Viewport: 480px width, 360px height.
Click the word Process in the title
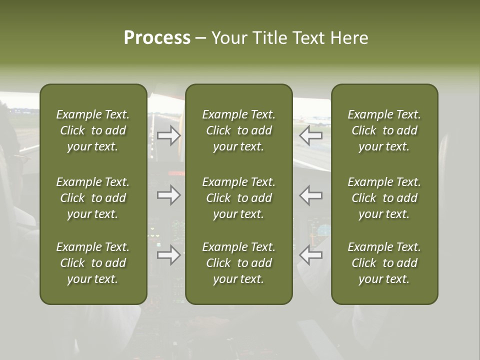157,38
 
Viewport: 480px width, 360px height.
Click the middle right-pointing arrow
169,195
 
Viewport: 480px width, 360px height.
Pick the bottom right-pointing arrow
169,255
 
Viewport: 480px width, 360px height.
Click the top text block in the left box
93,130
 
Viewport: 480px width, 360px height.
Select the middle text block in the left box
93,198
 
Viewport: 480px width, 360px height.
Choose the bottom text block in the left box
93,263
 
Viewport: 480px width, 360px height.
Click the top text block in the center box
239,130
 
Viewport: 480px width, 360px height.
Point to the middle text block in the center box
239,198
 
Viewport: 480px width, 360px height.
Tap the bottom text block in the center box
239,263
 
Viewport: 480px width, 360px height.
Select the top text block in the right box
384,130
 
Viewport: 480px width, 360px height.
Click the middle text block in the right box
384,198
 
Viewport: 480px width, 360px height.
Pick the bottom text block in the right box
384,263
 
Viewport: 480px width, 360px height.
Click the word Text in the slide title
308,38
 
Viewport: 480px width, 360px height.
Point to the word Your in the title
229,38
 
